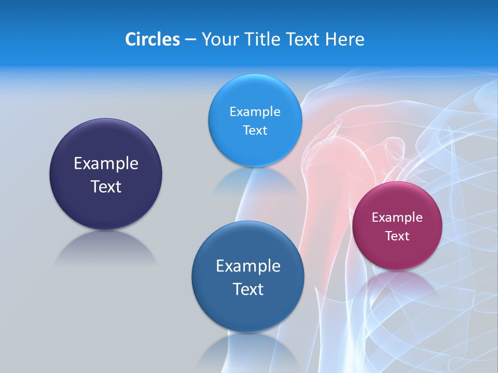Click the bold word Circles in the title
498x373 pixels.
click(152, 39)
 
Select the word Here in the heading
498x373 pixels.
click(345, 39)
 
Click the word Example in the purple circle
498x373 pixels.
click(106, 164)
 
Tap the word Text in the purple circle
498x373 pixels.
click(106, 187)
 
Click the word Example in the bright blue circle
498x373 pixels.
click(255, 112)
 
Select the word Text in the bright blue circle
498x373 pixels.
click(255, 131)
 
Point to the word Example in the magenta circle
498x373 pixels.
click(397, 218)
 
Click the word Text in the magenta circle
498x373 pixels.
click(397, 236)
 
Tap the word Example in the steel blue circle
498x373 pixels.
click(248, 266)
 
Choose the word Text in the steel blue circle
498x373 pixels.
click(248, 289)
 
